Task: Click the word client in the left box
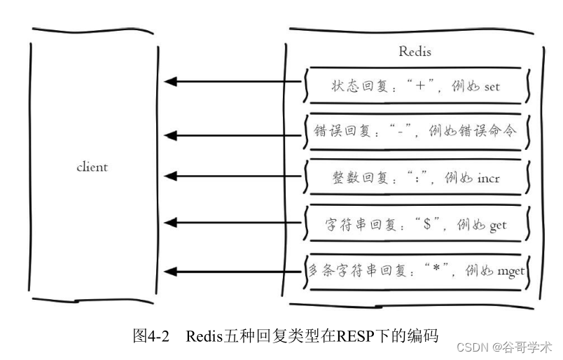pyautogui.click(x=92, y=167)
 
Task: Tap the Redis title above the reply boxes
pyautogui.click(x=415, y=52)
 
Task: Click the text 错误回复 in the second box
pyautogui.click(x=346, y=131)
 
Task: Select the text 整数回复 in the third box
pyautogui.click(x=357, y=179)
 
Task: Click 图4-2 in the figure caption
pyautogui.click(x=151, y=335)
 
